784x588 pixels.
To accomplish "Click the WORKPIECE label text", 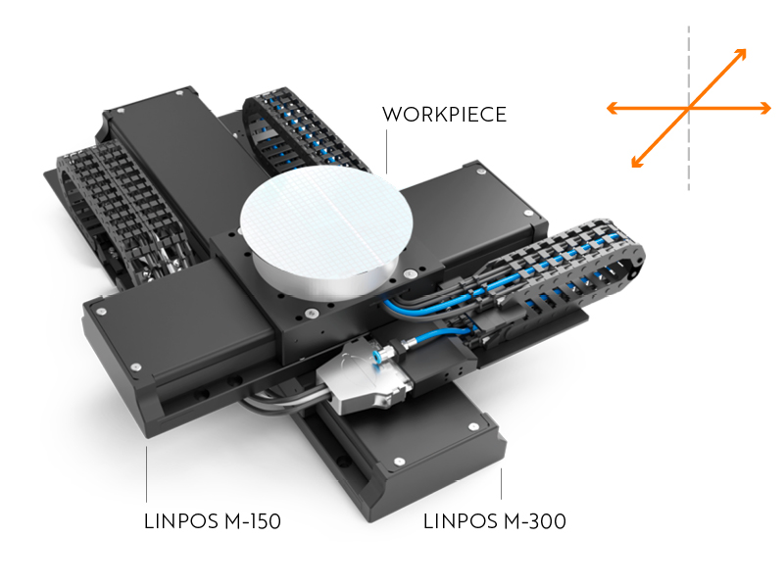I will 444,115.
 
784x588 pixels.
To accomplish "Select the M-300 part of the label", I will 532,521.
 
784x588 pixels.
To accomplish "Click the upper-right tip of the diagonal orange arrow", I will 744,52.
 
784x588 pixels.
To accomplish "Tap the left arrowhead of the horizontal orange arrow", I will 612,108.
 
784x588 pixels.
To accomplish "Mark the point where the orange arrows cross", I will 689,108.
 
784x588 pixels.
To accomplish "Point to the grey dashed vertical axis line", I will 689,157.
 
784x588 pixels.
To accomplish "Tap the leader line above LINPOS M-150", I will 146,475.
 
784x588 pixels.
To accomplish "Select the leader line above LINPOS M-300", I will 502,485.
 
